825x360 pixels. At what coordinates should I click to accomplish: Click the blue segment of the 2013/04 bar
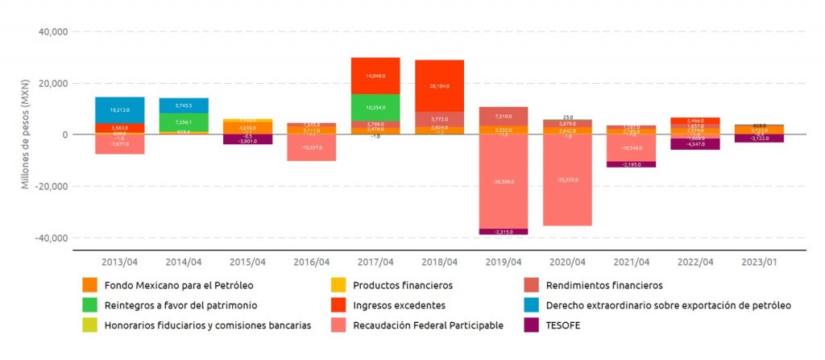click(x=119, y=110)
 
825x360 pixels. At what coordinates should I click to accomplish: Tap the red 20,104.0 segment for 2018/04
click(x=439, y=85)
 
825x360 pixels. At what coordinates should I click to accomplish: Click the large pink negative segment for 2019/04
click(x=504, y=181)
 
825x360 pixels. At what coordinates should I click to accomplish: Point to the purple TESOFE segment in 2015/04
click(x=247, y=139)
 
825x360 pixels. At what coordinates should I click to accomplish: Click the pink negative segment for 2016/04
click(x=311, y=148)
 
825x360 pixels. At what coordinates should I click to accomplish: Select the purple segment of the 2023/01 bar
click(x=759, y=139)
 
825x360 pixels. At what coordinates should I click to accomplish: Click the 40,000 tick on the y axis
click(x=52, y=32)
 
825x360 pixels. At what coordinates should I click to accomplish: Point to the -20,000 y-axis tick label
click(x=50, y=187)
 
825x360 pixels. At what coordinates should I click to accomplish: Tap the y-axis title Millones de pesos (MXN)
click(x=25, y=135)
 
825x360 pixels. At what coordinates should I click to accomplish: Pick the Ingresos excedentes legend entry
click(x=399, y=305)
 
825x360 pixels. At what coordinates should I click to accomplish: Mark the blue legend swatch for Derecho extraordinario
click(x=530, y=305)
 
